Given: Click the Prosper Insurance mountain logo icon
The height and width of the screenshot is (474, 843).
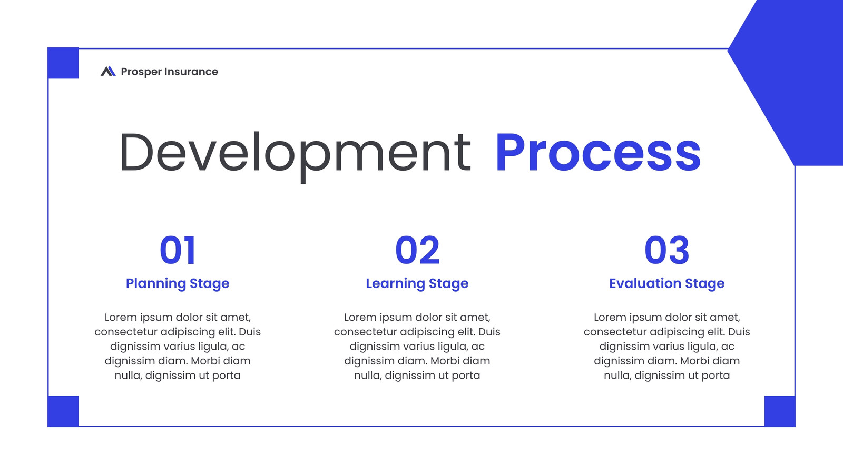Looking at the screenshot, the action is click(108, 71).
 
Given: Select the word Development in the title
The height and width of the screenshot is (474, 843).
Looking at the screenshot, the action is click(296, 155).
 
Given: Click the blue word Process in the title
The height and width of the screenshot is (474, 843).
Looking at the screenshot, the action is click(598, 153).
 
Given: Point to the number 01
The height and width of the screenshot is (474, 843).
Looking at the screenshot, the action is click(177, 250).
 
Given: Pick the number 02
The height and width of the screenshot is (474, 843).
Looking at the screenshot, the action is click(417, 250).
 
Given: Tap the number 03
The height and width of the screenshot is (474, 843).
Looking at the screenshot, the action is click(667, 250).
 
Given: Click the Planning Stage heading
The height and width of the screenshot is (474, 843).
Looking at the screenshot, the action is click(177, 284).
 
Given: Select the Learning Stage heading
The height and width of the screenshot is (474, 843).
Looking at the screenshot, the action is click(417, 284).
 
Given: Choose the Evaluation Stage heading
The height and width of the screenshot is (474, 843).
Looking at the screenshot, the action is click(667, 284).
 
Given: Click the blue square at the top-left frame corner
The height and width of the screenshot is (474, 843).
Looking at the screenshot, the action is click(63, 63).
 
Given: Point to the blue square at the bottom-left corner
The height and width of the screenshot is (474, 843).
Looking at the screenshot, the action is click(63, 411).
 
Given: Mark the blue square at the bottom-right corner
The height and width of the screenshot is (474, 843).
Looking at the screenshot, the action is click(780, 411).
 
